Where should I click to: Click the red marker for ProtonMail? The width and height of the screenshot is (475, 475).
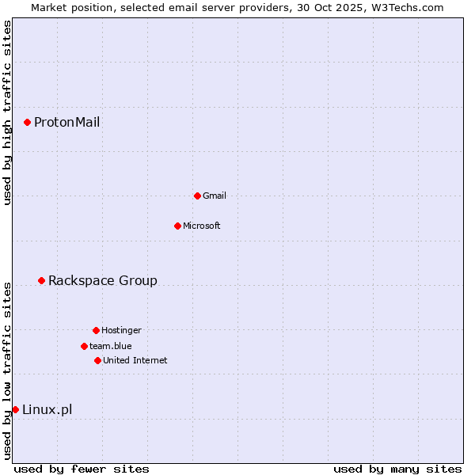point(27,122)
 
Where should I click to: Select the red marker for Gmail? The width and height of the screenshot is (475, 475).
point(197,196)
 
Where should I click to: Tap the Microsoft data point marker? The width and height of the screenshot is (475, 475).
point(177,226)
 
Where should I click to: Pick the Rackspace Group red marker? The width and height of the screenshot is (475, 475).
point(41,280)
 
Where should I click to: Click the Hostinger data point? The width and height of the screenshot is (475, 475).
point(96,330)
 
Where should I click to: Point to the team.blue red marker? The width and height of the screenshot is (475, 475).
point(84,346)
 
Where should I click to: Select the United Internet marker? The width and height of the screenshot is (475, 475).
point(97,360)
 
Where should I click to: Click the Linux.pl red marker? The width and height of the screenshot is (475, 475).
point(15,409)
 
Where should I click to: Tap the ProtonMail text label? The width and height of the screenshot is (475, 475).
point(66,122)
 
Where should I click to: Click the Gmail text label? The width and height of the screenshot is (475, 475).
point(215,196)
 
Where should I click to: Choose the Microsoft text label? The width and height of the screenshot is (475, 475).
point(201,226)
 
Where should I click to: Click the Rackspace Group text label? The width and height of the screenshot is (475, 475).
point(102,280)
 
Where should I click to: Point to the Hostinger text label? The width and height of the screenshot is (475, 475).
point(121,330)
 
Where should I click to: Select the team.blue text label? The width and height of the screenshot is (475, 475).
point(110,346)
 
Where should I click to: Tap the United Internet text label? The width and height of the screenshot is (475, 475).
point(135,360)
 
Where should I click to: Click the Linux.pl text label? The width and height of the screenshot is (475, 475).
point(47,409)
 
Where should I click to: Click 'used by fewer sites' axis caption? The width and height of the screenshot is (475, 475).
point(82,469)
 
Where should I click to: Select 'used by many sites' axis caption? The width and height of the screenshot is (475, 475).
point(397,469)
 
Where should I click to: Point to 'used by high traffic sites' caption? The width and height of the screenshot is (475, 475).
point(7,112)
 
